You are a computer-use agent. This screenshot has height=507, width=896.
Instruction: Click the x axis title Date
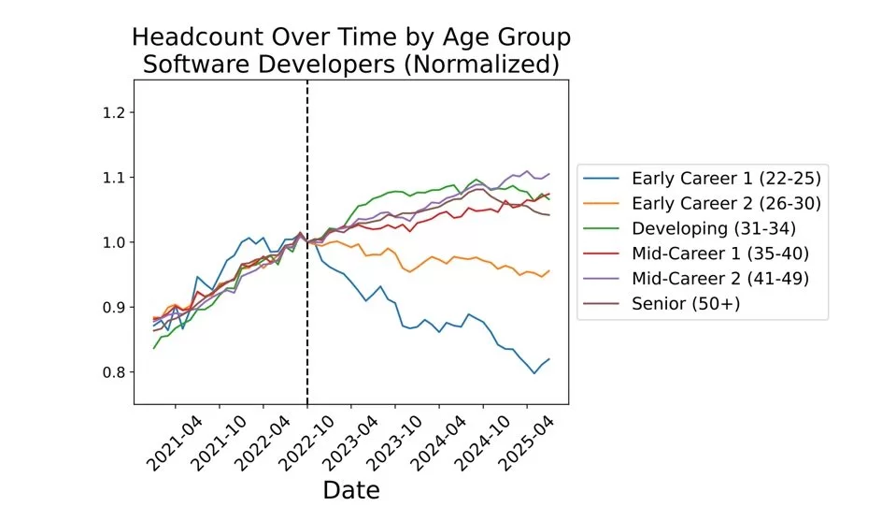tap(351, 488)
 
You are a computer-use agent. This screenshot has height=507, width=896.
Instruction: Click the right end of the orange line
tap(549, 271)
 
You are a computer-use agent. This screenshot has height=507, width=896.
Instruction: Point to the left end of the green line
tap(153, 348)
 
